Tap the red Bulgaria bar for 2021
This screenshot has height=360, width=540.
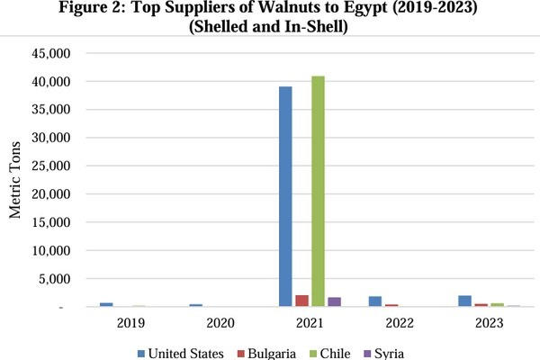pyautogui.click(x=301, y=301)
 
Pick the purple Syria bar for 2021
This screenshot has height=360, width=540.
pyautogui.click(x=334, y=301)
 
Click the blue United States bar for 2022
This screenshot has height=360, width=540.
pyautogui.click(x=375, y=301)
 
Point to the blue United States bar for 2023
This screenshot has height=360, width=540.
pyautogui.click(x=464, y=301)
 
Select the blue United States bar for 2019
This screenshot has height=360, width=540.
pyautogui.click(x=106, y=304)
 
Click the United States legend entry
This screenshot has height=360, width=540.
pyautogui.click(x=179, y=353)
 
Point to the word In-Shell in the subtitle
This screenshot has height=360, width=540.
pyautogui.click(x=315, y=27)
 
